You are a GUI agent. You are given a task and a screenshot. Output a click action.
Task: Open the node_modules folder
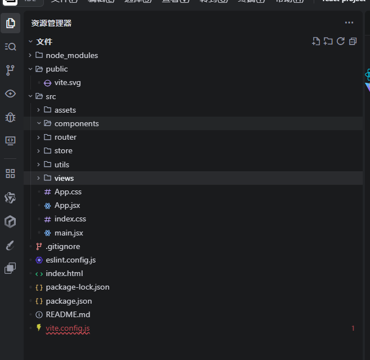coord(72,55)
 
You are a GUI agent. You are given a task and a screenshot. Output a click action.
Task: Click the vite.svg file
coord(67,82)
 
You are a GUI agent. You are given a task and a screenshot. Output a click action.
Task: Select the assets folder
coord(65,110)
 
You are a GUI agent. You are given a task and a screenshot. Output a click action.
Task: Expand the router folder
coord(65,137)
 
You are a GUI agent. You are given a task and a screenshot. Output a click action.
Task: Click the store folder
coord(63,150)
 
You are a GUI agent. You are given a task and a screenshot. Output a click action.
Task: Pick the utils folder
coord(61,165)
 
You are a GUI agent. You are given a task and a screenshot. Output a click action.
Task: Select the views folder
coord(64,178)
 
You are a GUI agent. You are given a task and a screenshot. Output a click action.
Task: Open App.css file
coord(68,192)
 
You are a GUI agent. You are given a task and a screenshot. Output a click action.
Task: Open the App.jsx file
coord(68,205)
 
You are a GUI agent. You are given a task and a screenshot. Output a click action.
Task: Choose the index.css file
coord(70,219)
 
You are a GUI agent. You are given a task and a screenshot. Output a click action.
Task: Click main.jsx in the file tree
coord(68,233)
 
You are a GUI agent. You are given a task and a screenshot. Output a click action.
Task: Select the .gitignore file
coord(63,246)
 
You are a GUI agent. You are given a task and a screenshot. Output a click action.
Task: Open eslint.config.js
coord(70,260)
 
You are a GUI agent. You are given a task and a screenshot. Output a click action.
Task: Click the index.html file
coord(64,273)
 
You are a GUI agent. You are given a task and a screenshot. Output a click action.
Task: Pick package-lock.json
coord(77,287)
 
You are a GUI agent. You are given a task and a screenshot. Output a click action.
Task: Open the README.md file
coord(68,314)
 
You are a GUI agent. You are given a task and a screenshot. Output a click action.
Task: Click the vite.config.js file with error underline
coord(68,328)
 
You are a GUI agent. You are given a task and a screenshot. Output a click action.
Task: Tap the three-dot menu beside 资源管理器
coord(349,23)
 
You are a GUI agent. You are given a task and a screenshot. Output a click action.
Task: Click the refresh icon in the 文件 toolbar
coord(340,41)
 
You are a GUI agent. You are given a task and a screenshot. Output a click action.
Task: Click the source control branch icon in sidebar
coord(10,70)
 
